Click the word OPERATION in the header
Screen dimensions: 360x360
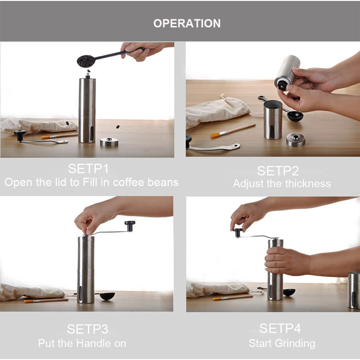187,23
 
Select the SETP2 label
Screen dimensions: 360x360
278,171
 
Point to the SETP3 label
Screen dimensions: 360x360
87,329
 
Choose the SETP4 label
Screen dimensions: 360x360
280,328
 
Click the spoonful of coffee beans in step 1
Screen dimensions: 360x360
86,61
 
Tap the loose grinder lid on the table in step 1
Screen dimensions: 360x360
109,142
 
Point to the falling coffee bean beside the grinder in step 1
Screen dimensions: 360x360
117,127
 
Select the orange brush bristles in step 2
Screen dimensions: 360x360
216,135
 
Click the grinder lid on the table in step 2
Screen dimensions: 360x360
296,139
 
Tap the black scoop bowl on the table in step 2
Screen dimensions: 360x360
295,116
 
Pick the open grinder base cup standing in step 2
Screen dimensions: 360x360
273,120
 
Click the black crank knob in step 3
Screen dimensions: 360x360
130,226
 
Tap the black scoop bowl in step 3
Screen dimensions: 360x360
107,296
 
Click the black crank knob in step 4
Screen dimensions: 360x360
238,233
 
